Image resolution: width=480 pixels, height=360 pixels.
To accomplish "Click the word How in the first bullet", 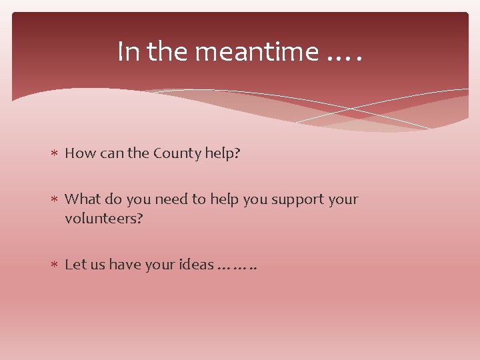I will pos(80,153).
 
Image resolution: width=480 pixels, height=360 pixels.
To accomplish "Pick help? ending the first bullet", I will pos(222,153).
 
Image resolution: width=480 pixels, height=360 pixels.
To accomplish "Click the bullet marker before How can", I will pos(55,154).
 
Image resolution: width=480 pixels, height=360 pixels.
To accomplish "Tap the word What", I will pos(82,199).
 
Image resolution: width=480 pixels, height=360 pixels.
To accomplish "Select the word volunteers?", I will pos(103,218).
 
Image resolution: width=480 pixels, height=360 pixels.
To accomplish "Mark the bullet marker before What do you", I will pos(55,199).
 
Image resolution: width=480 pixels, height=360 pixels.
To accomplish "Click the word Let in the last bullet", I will pos(75,264).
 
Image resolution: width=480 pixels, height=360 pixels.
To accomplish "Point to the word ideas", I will pos(196,264).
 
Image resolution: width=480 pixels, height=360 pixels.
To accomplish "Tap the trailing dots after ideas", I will pos(237,267).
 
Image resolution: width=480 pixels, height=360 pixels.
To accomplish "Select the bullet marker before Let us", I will pos(55,265).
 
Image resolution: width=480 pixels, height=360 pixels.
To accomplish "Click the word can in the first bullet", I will pos(111,153).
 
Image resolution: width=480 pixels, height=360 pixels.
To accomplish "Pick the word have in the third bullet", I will pos(125,264).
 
